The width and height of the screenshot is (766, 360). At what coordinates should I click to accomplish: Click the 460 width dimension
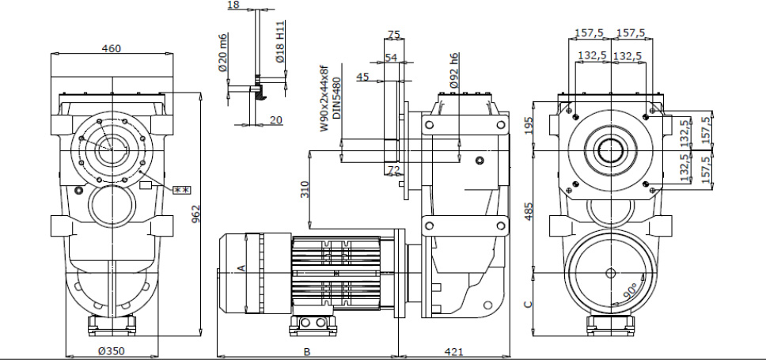coord(112,48)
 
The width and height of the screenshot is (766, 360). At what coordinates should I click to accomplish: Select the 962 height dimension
coord(195,214)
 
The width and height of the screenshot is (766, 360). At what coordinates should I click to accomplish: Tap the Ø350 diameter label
coord(112,351)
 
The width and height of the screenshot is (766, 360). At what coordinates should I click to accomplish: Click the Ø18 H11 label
coord(280,44)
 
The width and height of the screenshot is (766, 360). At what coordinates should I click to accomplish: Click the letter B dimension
coord(306,351)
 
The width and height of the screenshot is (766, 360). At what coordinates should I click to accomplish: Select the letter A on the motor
coord(241,267)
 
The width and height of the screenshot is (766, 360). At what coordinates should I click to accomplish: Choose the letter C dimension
coord(529,302)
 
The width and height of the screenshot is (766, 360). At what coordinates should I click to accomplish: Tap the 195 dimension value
coord(529,126)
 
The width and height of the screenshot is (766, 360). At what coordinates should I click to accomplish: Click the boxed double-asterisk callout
coord(183,189)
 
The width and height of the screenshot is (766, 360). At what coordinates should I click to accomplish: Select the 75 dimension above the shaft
coord(394,34)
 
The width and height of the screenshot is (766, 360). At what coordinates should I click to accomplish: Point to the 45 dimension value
coord(362,77)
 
